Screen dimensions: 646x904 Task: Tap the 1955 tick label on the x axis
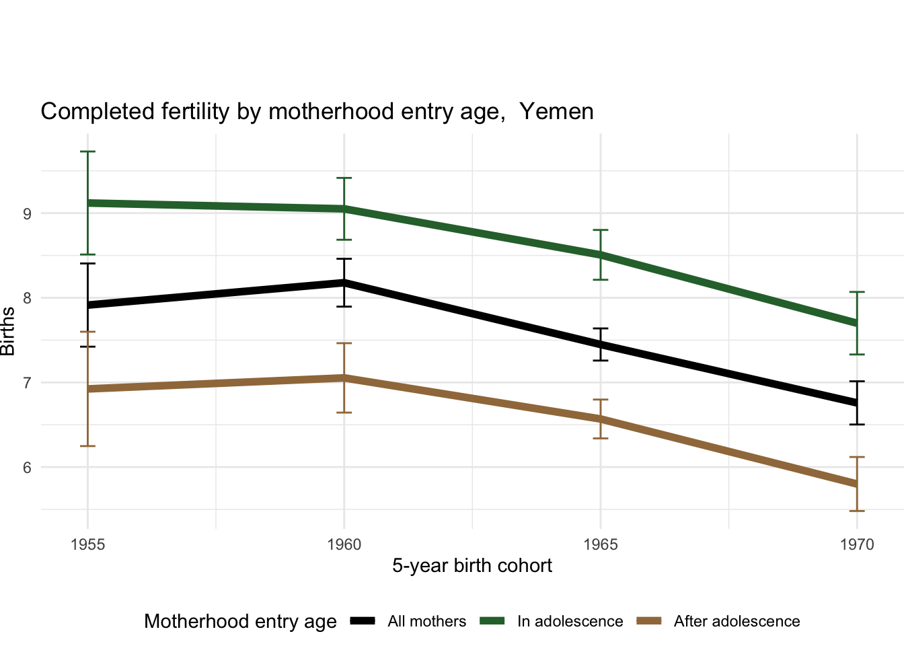(x=87, y=544)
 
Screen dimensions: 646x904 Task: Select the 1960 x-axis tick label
(x=344, y=544)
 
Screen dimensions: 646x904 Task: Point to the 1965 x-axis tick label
(x=600, y=544)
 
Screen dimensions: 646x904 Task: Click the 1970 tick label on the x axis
(x=856, y=544)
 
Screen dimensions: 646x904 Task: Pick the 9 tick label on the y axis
(x=27, y=214)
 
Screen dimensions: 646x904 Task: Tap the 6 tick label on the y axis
(x=27, y=468)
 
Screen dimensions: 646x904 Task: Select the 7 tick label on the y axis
(x=27, y=383)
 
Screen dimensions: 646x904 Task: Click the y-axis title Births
(x=9, y=331)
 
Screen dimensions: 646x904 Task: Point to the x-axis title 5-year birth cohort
(x=472, y=566)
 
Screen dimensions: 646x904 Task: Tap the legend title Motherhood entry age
(x=240, y=622)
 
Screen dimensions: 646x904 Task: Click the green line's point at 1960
(x=344, y=209)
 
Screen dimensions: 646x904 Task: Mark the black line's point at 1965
(x=600, y=345)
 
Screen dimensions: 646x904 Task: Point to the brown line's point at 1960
(x=344, y=378)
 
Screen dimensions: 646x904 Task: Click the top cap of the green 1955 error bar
(x=87, y=152)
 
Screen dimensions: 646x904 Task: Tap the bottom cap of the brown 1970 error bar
(x=856, y=511)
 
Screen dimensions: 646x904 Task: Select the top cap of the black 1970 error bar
(x=856, y=382)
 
